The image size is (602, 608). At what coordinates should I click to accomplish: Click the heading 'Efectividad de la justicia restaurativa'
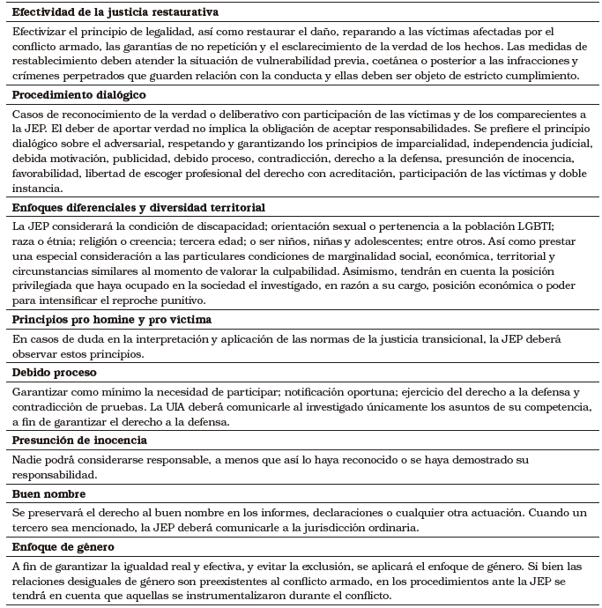point(115,13)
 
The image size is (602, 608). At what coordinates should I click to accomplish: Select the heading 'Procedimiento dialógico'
point(79,94)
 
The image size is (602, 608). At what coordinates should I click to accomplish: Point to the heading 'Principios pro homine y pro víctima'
point(111,319)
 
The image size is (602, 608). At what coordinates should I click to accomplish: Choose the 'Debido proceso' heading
point(56,373)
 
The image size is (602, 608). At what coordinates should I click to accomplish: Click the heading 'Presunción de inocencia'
point(79,440)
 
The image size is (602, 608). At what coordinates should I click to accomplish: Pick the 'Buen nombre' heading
point(48,493)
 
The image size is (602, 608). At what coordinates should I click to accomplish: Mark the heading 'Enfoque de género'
point(64,547)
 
